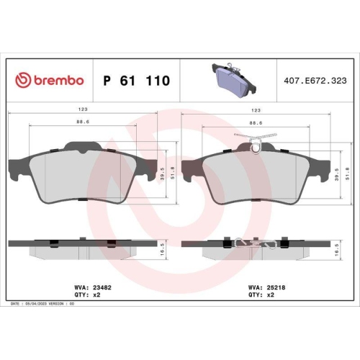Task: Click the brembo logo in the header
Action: point(50,81)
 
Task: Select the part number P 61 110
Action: point(137,81)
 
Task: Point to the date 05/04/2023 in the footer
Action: point(37,305)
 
